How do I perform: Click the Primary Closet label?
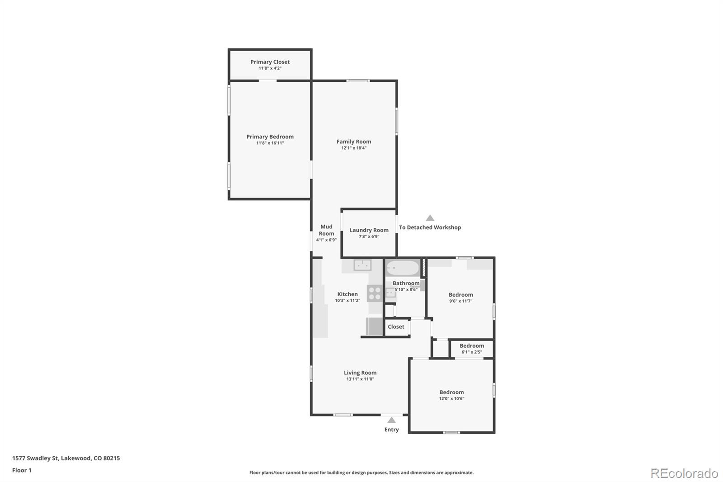click(270, 62)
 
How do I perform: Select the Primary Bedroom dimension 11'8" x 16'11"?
click(270, 143)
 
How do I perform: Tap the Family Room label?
click(353, 142)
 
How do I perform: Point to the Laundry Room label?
click(369, 230)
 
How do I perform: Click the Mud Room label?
click(326, 230)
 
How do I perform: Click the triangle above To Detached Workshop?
click(430, 218)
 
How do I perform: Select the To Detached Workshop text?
click(430, 227)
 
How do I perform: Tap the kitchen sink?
click(362, 265)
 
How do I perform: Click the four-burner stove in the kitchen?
click(375, 293)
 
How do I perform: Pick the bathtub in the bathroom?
click(403, 268)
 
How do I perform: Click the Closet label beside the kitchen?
click(396, 327)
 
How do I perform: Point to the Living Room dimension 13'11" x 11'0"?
click(360, 379)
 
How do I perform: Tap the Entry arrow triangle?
click(391, 420)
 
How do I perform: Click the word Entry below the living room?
click(391, 430)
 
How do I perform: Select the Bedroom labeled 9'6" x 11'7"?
click(460, 295)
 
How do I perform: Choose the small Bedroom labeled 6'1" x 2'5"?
click(471, 346)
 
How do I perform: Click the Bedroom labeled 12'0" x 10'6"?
click(451, 392)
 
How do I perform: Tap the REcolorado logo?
click(684, 473)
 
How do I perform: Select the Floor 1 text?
click(22, 470)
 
